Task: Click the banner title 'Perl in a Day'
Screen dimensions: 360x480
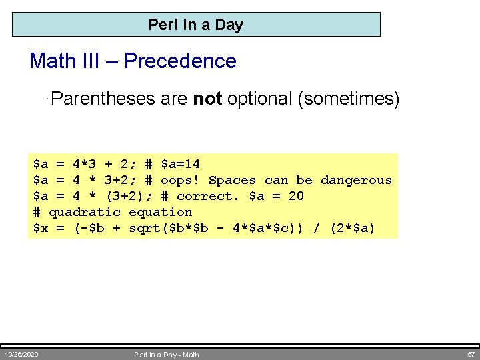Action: click(x=195, y=25)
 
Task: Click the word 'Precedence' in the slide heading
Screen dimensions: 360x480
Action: click(x=180, y=61)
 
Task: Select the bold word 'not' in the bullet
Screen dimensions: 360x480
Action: click(x=207, y=99)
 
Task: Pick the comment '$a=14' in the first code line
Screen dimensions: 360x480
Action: click(x=180, y=164)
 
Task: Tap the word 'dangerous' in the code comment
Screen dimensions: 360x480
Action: click(x=356, y=180)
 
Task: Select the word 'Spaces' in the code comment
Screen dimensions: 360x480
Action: click(x=232, y=180)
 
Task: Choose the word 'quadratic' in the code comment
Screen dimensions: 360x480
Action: click(x=85, y=212)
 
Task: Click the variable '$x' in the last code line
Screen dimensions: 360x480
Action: click(x=41, y=228)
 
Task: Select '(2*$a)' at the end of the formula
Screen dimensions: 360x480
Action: click(x=352, y=228)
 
